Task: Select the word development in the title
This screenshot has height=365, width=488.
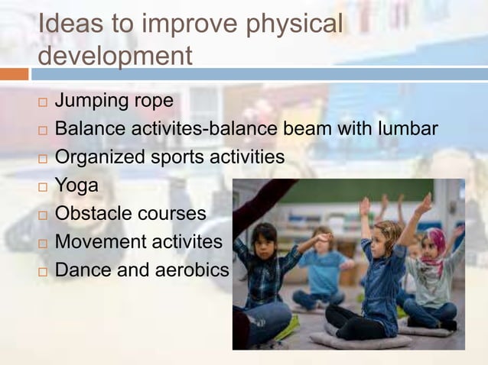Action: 115,56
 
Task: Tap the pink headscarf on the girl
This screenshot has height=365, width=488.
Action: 435,243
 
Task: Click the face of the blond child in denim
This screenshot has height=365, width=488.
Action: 386,237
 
